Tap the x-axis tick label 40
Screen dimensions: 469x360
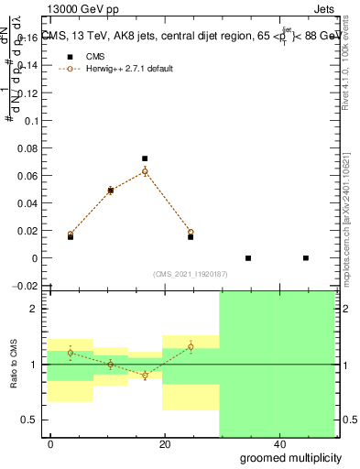[278, 443]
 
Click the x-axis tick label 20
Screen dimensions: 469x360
[165, 443]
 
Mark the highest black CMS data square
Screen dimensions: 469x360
[145, 158]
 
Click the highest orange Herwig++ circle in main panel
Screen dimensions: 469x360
[145, 171]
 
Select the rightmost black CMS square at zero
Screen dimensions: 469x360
[306, 258]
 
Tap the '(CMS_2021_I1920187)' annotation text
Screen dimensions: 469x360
[190, 274]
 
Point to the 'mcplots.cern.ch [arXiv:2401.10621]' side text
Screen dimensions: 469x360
[345, 202]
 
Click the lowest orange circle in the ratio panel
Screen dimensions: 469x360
[145, 376]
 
